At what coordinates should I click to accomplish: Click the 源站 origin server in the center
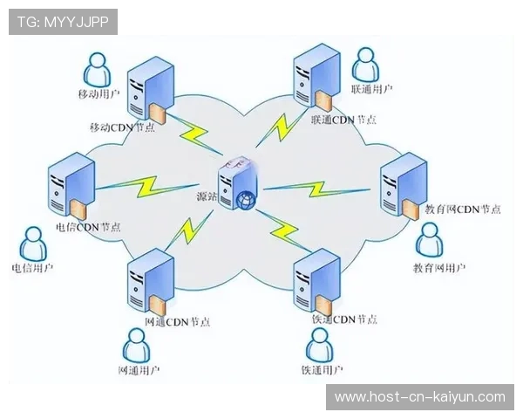pos(238,183)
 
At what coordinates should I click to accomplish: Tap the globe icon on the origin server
pos(246,201)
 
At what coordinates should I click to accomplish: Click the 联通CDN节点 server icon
pos(316,77)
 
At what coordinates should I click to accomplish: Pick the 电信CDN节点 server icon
pos(71,186)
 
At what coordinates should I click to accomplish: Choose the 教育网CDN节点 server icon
pos(404,186)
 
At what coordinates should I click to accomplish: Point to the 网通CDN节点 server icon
pos(151,282)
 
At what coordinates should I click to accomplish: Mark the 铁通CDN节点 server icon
pos(317,282)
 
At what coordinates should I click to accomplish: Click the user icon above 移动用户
pos(97,70)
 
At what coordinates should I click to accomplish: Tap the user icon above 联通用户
pos(365,65)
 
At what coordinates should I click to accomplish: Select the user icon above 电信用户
pos(33,244)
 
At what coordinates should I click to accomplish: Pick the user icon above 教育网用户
pos(430,239)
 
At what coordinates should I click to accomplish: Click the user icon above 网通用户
pos(137,345)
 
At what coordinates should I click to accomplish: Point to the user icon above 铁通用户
pos(320,345)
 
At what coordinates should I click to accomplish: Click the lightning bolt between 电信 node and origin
pos(148,187)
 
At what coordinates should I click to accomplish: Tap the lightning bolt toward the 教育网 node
pos(317,189)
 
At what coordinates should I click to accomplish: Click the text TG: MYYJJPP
pos(63,22)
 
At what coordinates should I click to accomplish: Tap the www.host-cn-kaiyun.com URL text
pos(420,397)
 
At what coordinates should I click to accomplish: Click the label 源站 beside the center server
pos(207,196)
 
